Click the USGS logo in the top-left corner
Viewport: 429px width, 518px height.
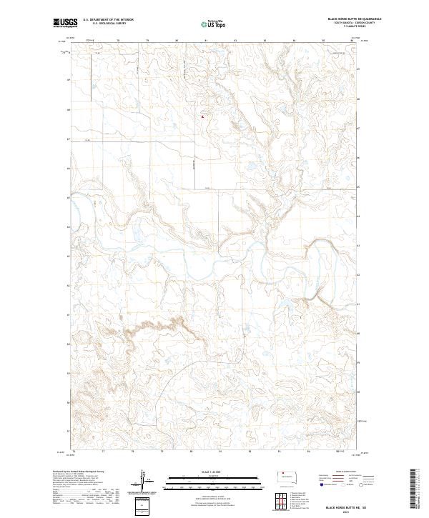66,23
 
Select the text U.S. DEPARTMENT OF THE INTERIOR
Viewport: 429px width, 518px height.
108,19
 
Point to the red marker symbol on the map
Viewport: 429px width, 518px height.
202,116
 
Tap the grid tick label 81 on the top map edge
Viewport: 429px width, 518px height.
206,39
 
